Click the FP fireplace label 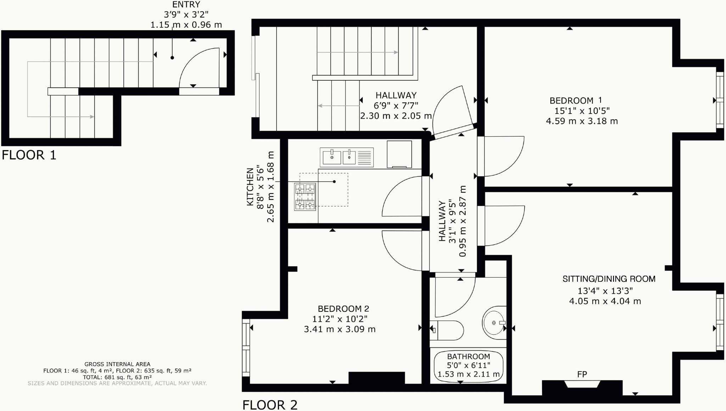tap(582, 374)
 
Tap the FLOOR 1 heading tap(29, 155)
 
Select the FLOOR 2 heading tap(270, 405)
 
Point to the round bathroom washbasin tap(494, 322)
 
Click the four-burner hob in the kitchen tap(305, 197)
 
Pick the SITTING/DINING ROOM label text tap(609, 279)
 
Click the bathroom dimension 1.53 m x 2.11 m tap(468, 374)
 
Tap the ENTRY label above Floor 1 tap(186, 5)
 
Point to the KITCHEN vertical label tap(250, 187)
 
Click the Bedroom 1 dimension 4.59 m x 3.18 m tap(582, 121)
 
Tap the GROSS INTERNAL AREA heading tap(117, 364)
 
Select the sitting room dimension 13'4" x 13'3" tap(605, 291)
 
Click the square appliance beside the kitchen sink tap(399, 154)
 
